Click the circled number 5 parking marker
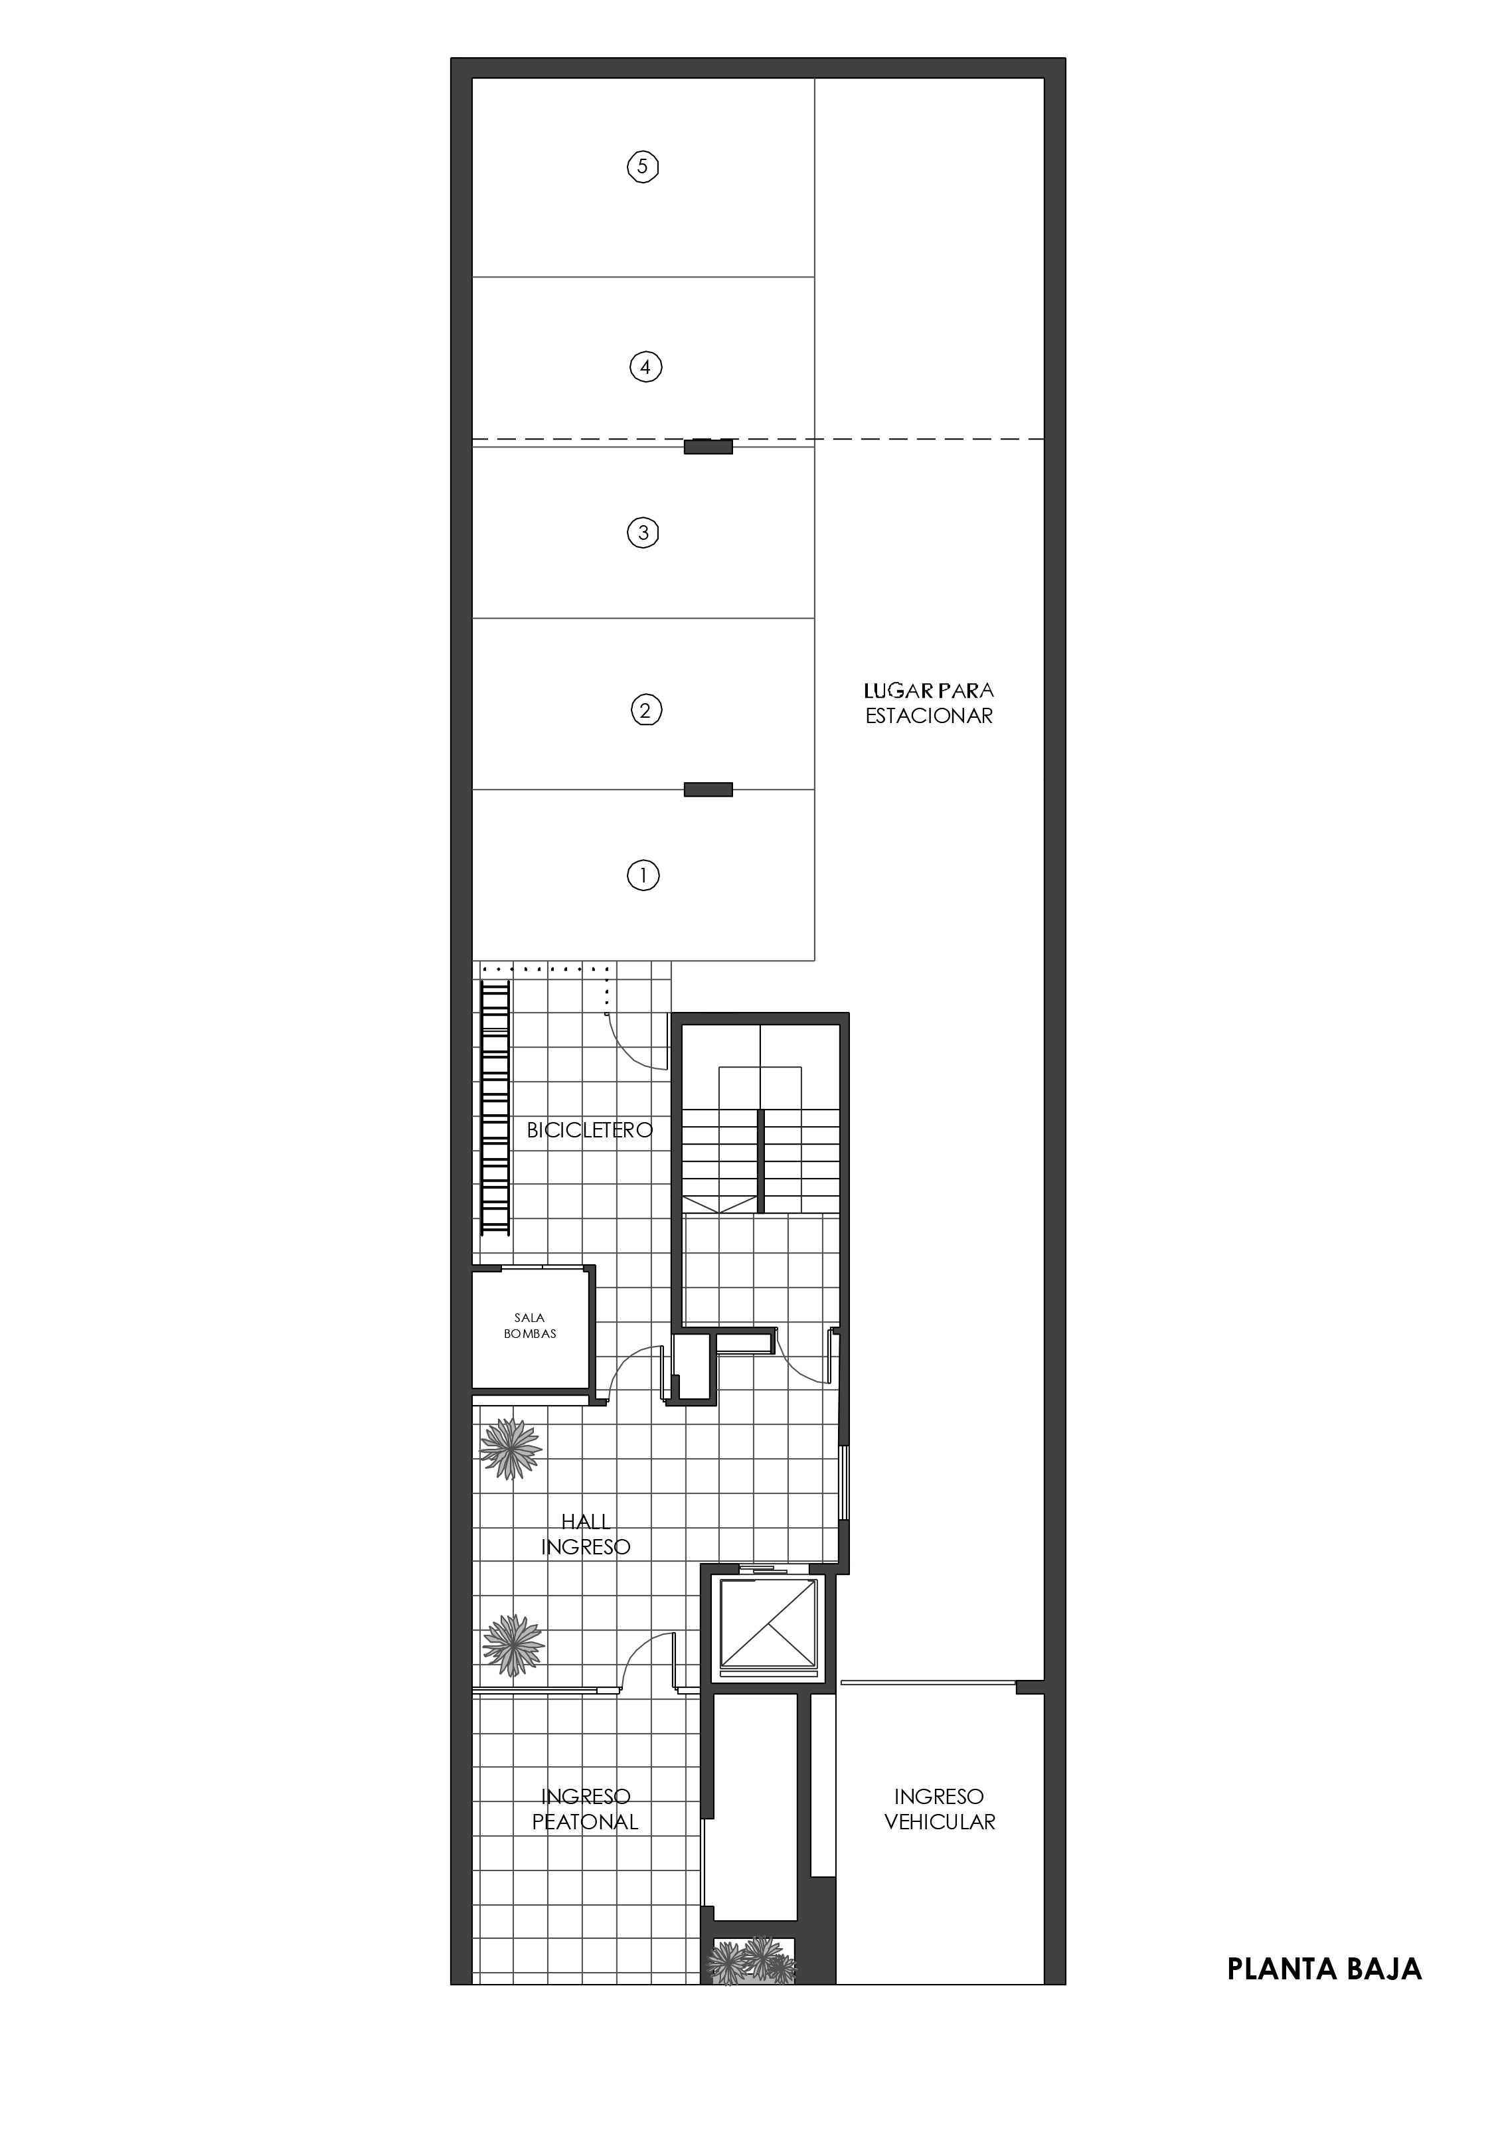click(642, 167)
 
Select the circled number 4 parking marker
click(645, 367)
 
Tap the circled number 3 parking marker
click(642, 533)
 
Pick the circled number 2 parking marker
click(645, 710)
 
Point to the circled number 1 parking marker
click(642, 876)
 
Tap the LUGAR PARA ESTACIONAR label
click(928, 703)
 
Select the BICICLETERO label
click(589, 1130)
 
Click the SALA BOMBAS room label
click(530, 1325)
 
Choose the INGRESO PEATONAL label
click(585, 1809)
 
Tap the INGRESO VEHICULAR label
click(940, 1809)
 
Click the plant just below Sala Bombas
click(511, 1449)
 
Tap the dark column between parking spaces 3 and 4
click(708, 447)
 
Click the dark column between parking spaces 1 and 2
click(708, 789)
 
